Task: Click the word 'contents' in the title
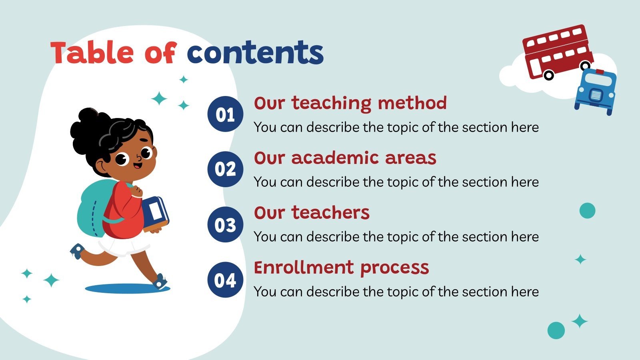tap(255, 53)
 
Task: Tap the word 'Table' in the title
tap(92, 53)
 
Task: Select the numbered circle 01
tap(225, 114)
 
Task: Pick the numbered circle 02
tap(225, 169)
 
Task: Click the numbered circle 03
tap(225, 224)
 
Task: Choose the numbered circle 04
tap(225, 280)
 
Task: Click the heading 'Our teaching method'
tap(350, 103)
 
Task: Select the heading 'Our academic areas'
tap(345, 158)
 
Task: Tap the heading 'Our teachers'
tap(312, 213)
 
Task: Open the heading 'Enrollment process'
tap(341, 268)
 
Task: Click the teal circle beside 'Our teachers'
tap(587, 210)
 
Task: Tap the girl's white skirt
tap(122, 246)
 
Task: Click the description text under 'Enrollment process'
tap(396, 292)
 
